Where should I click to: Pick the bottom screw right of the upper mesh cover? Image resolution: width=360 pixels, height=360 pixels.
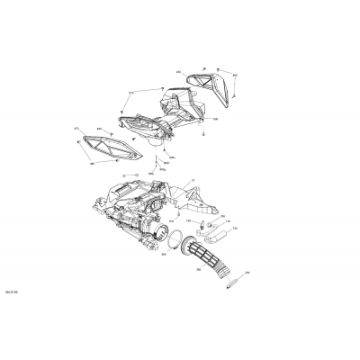236,94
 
